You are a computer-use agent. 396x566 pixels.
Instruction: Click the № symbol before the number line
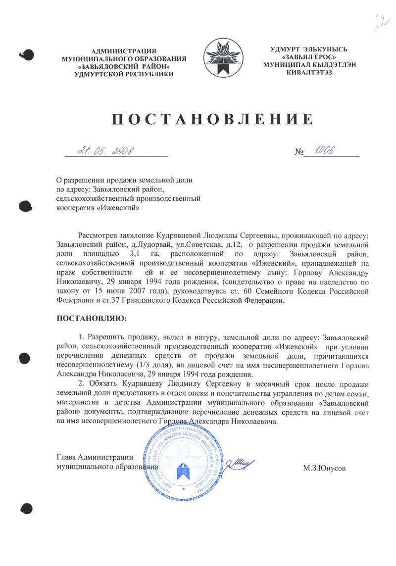pyautogui.click(x=298, y=152)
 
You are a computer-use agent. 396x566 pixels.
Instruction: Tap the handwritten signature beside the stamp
pyautogui.click(x=241, y=464)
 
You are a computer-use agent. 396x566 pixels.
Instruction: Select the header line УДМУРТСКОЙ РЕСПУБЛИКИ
pyautogui.click(x=124, y=74)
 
